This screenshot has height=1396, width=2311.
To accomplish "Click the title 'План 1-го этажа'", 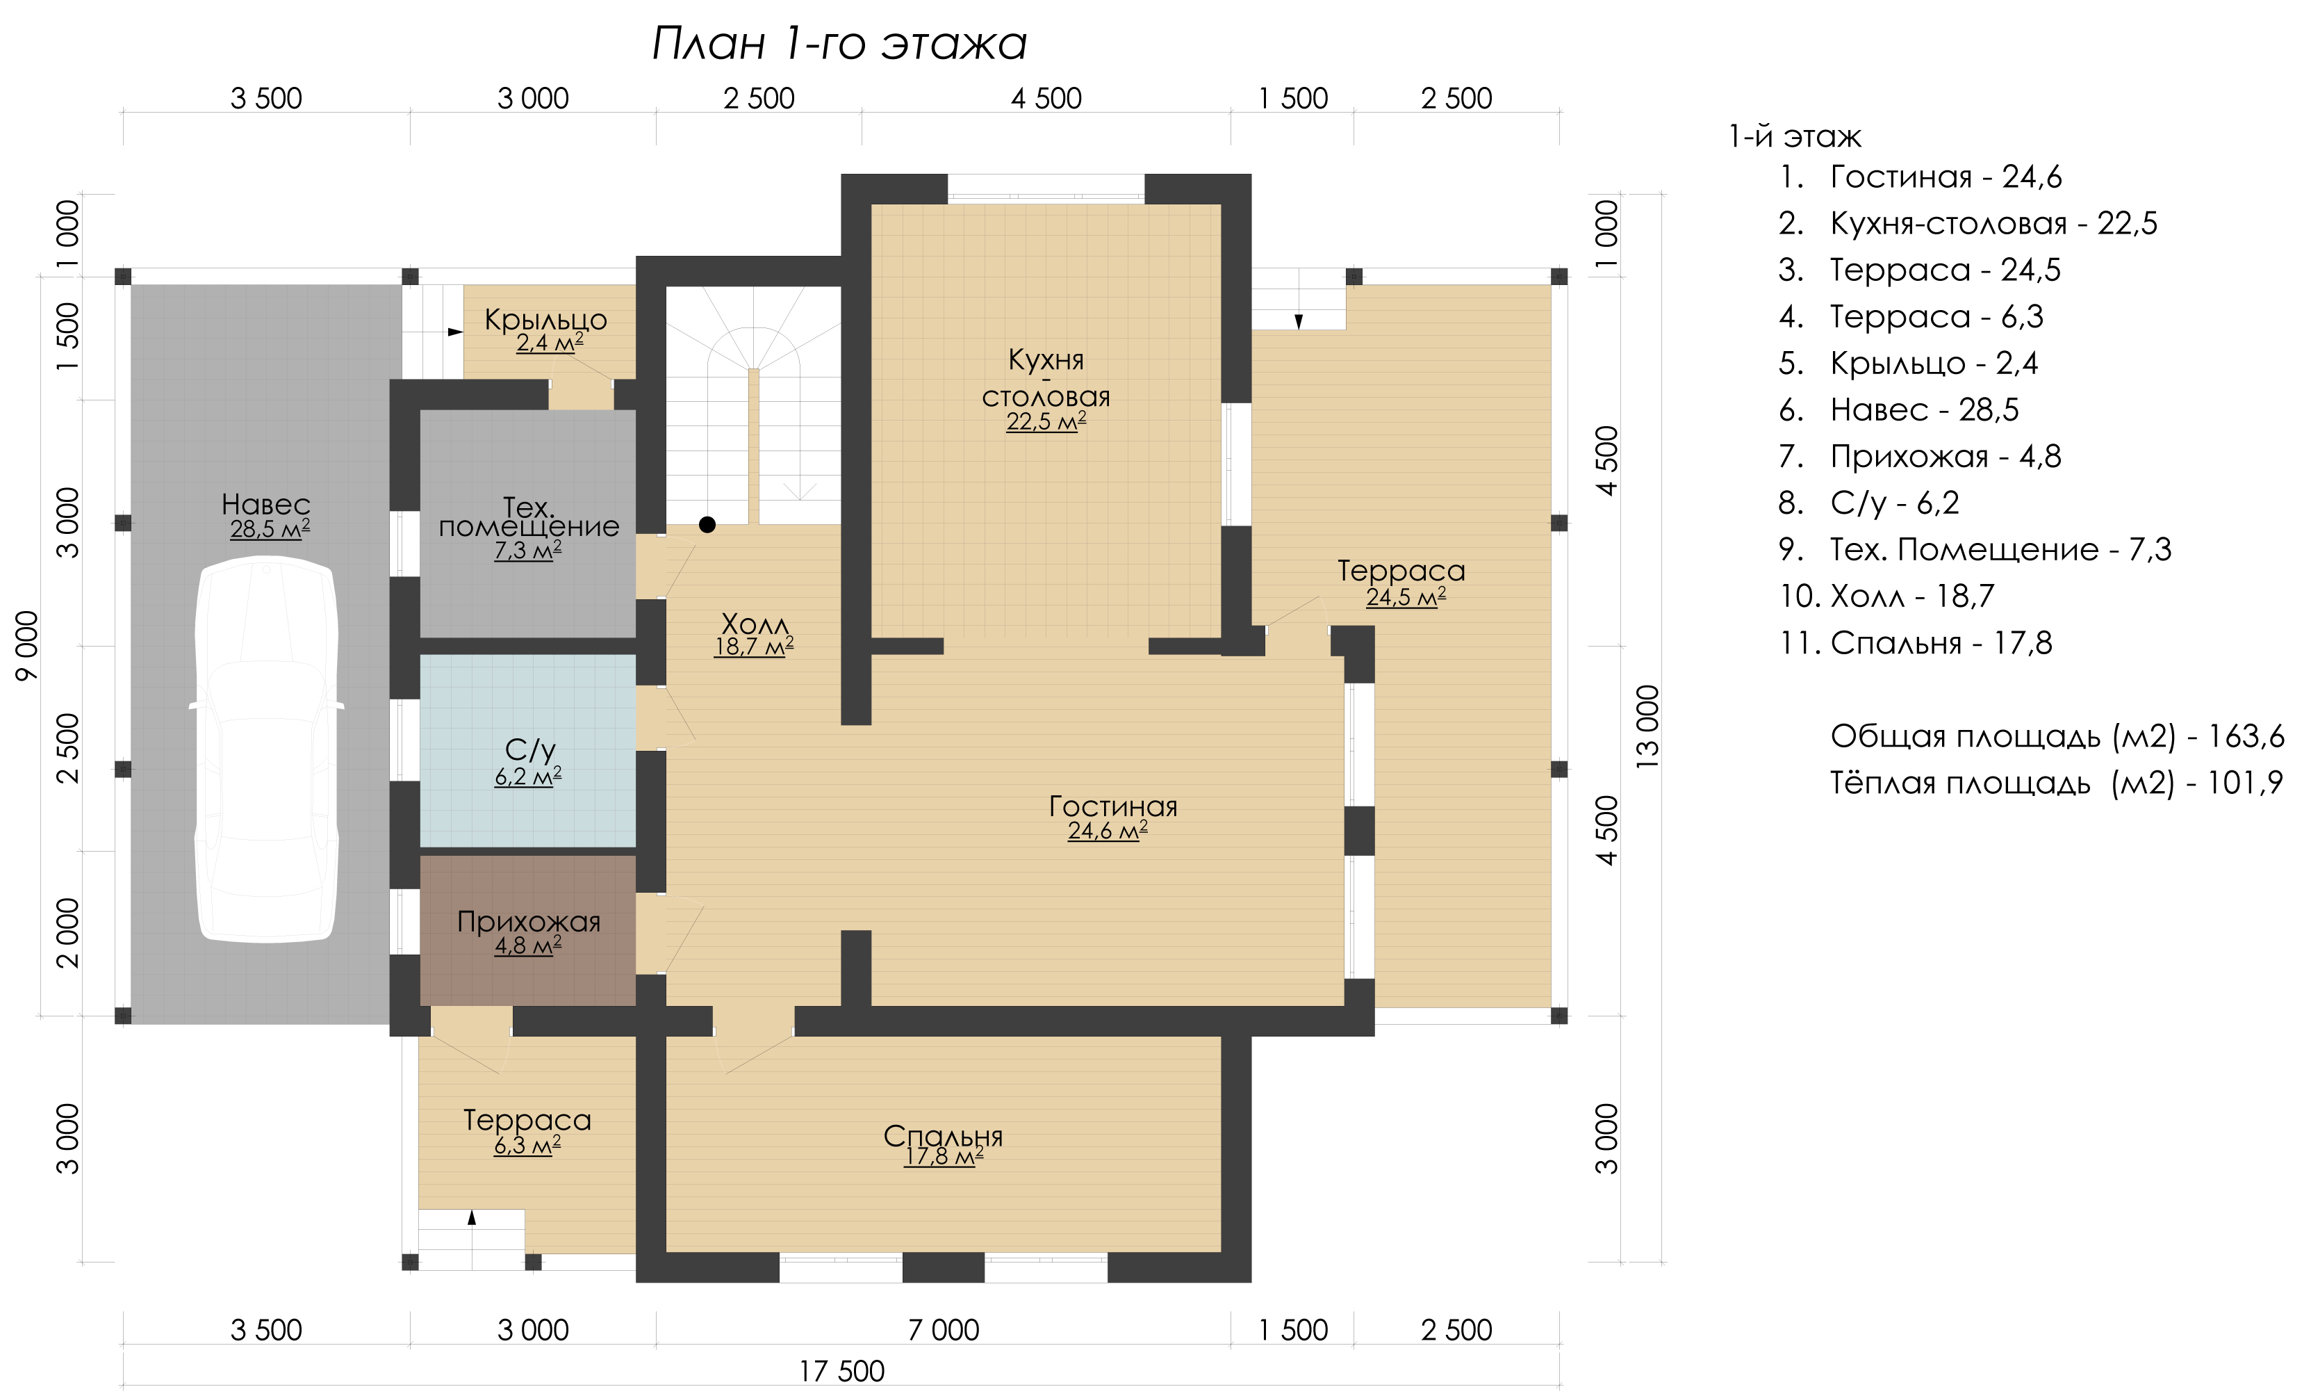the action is click(x=839, y=43).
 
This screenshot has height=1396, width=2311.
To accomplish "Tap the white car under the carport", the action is click(x=266, y=749).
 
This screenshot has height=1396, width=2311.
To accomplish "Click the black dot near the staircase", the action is click(x=707, y=524).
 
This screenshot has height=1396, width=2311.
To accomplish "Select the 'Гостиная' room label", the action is click(x=1112, y=806).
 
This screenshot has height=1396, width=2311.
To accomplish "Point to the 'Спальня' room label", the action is click(x=943, y=1136).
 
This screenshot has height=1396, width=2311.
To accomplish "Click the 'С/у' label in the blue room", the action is click(x=530, y=749).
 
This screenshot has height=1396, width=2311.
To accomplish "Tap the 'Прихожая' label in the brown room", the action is click(x=528, y=921).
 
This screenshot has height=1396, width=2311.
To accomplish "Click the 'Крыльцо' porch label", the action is click(x=546, y=320).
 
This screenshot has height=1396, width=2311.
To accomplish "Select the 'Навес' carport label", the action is click(x=266, y=505).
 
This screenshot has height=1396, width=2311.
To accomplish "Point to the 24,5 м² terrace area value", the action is click(x=1406, y=596).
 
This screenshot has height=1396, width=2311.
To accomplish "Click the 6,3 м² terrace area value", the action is click(x=527, y=1146).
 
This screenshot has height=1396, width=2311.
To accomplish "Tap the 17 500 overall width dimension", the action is click(x=841, y=1372).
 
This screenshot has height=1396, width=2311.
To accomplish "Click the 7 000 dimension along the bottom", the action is click(x=943, y=1329).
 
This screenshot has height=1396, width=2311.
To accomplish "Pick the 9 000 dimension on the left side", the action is click(x=28, y=645).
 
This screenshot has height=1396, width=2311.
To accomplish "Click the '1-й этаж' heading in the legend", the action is click(x=1794, y=137).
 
